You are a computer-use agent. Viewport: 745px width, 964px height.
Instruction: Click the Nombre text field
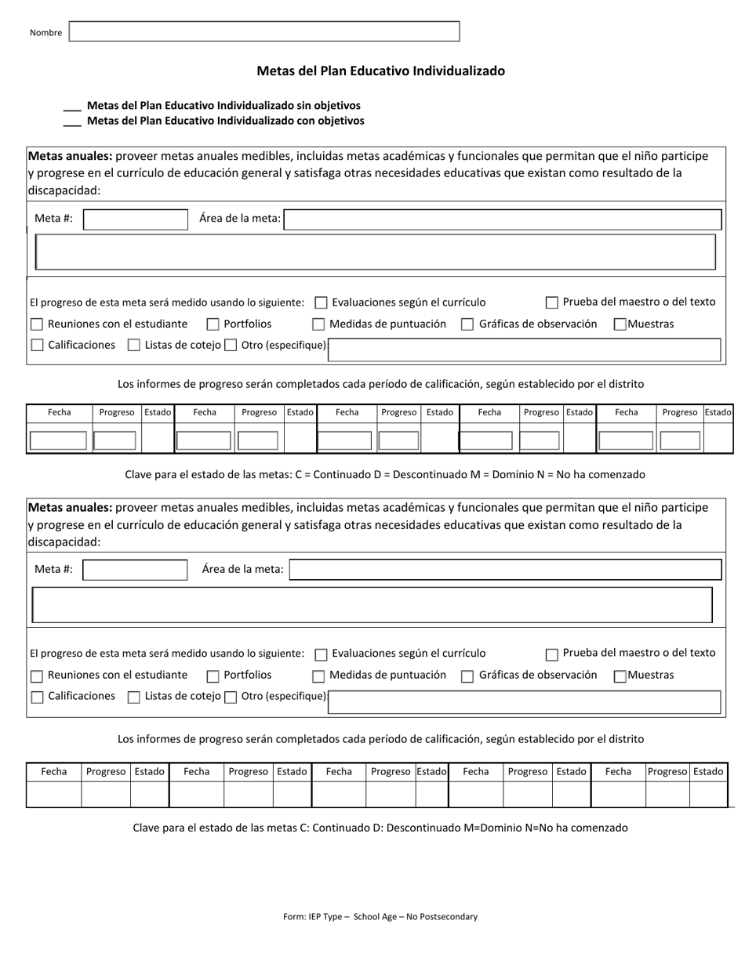[x=264, y=31]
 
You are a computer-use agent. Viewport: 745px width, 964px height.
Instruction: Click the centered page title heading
[x=380, y=71]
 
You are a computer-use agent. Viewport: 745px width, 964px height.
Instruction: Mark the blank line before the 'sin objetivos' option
[x=71, y=107]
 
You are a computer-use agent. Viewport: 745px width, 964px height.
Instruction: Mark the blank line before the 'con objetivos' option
[x=71, y=122]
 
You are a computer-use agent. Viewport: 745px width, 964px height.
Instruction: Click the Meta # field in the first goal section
[x=136, y=219]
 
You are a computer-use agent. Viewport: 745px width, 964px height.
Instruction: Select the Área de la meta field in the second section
[x=505, y=570]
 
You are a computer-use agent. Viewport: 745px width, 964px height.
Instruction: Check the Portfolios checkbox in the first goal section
[x=213, y=324]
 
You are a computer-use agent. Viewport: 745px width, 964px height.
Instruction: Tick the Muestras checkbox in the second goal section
[x=620, y=676]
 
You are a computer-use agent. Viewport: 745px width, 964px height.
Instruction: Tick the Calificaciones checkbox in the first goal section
[x=37, y=346]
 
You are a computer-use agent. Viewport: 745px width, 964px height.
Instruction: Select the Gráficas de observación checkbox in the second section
[x=467, y=676]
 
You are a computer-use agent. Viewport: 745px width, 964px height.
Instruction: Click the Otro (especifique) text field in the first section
[x=524, y=350]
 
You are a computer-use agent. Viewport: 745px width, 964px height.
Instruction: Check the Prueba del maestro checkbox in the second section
[x=552, y=654]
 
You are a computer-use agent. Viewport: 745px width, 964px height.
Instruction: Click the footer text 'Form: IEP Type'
[x=380, y=916]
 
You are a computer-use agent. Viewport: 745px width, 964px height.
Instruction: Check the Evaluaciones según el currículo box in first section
[x=321, y=303]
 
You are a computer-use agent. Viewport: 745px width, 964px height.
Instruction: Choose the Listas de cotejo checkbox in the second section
[x=134, y=698]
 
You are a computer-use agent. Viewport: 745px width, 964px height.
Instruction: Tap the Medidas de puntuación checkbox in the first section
[x=318, y=324]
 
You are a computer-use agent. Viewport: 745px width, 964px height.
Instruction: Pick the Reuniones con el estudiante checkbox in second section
[x=37, y=676]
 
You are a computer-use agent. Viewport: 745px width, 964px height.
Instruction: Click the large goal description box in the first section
[x=376, y=252]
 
